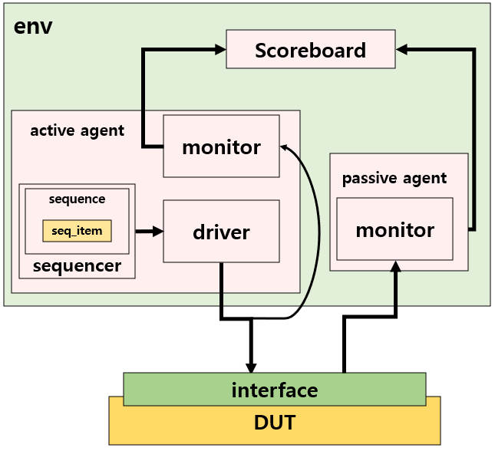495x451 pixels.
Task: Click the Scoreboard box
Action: [310, 49]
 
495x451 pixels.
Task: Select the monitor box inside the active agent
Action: [221, 146]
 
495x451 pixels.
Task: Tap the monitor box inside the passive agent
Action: [394, 229]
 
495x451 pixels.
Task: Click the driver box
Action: [221, 231]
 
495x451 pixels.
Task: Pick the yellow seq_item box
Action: [77, 230]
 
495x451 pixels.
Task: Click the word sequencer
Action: [77, 266]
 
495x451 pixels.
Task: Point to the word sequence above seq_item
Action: [77, 199]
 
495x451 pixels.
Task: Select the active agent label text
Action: [77, 130]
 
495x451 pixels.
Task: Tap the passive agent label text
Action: [394, 179]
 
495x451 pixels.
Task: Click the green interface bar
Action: [274, 390]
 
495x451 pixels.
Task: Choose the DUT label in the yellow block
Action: [274, 422]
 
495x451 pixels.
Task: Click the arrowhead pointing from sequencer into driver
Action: [158, 230]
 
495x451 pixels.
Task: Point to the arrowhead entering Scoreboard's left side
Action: [219, 49]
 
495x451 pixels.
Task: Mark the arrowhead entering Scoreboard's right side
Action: [402, 49]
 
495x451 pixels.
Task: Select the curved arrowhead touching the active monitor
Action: [284, 146]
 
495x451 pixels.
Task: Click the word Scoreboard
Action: [310, 51]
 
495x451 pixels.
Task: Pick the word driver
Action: [221, 232]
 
